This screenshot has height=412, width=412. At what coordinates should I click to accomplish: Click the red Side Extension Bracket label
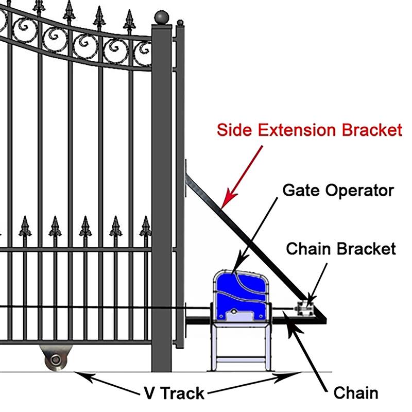click(309, 129)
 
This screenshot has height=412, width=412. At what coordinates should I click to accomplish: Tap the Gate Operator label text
click(338, 190)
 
